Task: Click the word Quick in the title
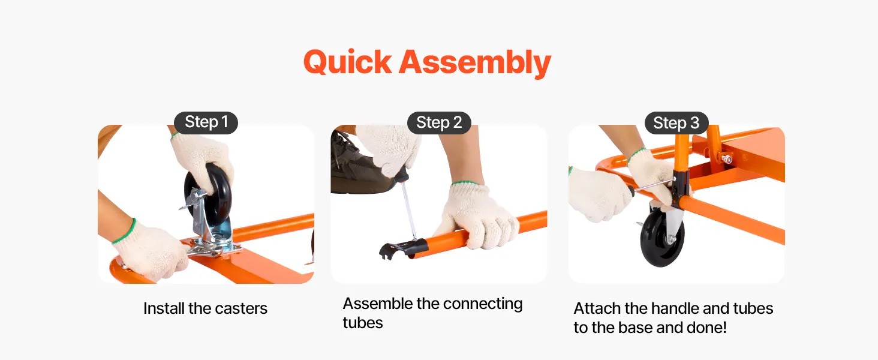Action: tap(347, 62)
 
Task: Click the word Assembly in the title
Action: tap(475, 63)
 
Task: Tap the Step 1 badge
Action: tap(206, 122)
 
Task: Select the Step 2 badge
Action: tap(439, 123)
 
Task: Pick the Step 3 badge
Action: tap(676, 123)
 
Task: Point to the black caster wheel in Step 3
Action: tap(662, 237)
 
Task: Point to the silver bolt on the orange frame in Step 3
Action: tap(726, 159)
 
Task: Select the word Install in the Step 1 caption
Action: tap(164, 308)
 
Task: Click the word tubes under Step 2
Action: tap(363, 323)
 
